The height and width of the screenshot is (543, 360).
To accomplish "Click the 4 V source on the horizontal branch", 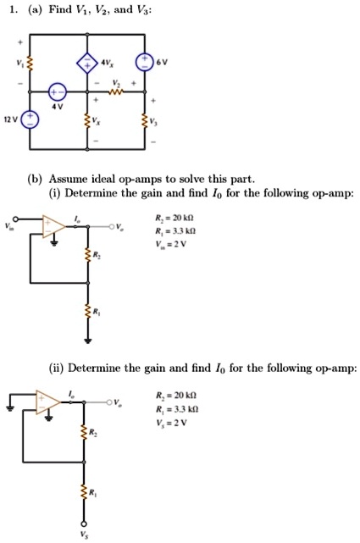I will coord(57,91).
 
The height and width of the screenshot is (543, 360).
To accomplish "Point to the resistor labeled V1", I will coord(30,63).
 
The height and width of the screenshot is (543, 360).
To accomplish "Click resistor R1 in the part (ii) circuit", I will coord(84,491).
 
